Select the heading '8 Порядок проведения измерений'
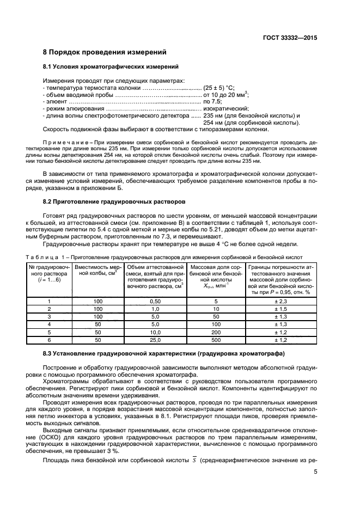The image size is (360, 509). pyautogui.click(x=104, y=52)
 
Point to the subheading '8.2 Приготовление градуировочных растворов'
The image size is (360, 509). pyautogui.click(x=114, y=201)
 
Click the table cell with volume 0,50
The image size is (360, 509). pyautogui.click(x=155, y=301)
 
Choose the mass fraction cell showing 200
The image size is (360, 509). pyautogui.click(x=216, y=332)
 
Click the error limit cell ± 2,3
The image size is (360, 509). pyautogui.click(x=280, y=301)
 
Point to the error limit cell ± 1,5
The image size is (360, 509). pyautogui.click(x=280, y=309)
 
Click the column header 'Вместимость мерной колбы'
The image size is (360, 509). pyautogui.click(x=98, y=271)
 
